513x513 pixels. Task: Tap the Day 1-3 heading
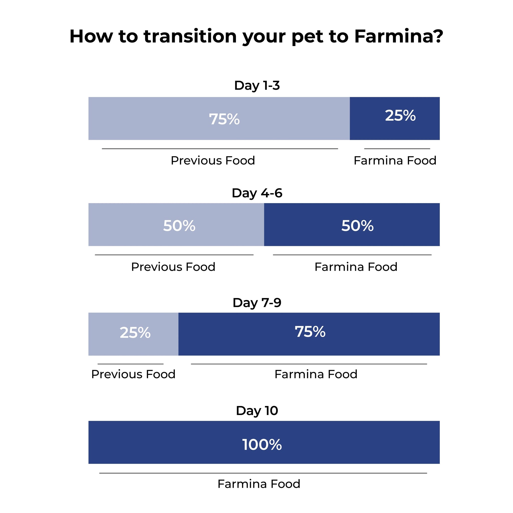tap(257, 86)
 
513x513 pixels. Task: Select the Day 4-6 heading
tap(257, 193)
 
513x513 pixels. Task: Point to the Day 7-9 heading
tap(257, 303)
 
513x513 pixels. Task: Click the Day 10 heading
tap(257, 411)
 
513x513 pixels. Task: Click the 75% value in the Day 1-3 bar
tap(224, 119)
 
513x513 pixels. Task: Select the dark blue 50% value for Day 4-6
tap(357, 226)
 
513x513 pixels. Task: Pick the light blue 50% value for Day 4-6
tap(179, 226)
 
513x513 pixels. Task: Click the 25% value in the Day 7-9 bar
tap(135, 332)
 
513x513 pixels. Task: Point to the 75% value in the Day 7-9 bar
tap(310, 332)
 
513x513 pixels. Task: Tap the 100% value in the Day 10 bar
tap(262, 445)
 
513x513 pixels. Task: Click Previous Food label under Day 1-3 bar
tap(213, 160)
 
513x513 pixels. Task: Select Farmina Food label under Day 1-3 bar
tap(395, 160)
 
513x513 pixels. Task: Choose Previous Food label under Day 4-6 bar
tap(173, 267)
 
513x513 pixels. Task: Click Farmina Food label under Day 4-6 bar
tap(356, 267)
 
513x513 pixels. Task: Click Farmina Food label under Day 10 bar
tap(259, 483)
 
